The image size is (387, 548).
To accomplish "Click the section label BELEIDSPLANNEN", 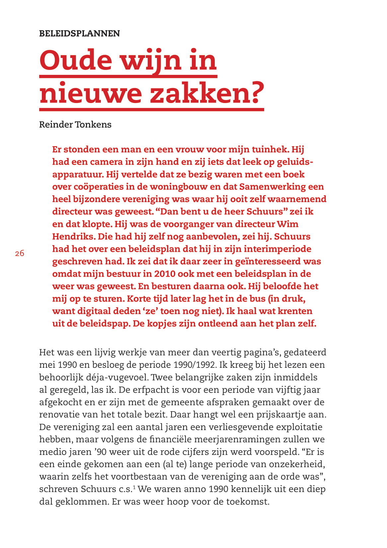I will pos(79,33).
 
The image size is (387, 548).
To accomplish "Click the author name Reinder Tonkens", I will pos(75,125).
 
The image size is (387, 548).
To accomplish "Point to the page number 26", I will pos(20,253).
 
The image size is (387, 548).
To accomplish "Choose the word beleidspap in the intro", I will pos(104,324).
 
